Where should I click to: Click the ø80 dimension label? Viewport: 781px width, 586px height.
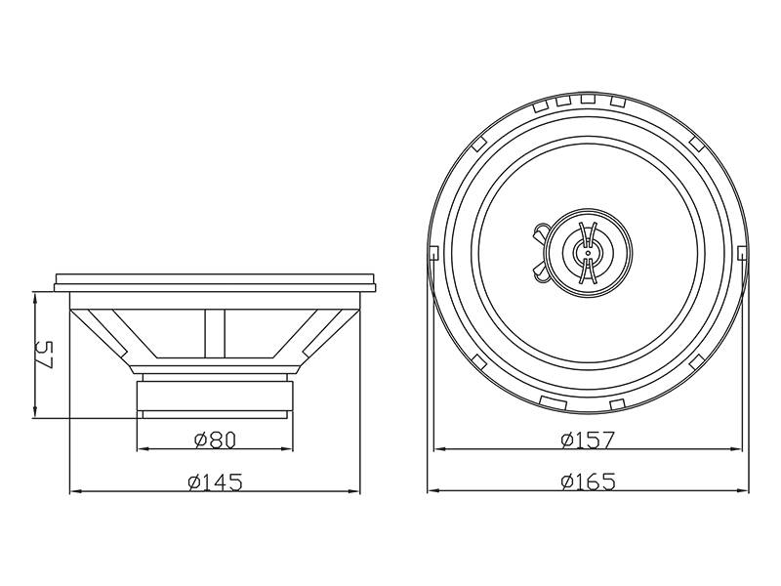[215, 439]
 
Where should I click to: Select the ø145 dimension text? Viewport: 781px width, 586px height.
[215, 481]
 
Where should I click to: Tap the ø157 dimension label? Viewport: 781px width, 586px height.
[588, 439]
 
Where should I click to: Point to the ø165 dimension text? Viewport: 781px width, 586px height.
[588, 481]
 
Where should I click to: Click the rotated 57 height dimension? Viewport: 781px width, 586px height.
[45, 355]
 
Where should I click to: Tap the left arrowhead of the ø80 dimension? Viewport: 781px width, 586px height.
[143, 449]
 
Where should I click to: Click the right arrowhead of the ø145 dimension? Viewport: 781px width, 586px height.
[353, 491]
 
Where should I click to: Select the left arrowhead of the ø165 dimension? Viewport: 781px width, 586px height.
[433, 491]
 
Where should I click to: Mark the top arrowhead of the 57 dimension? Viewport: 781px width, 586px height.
[35, 299]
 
